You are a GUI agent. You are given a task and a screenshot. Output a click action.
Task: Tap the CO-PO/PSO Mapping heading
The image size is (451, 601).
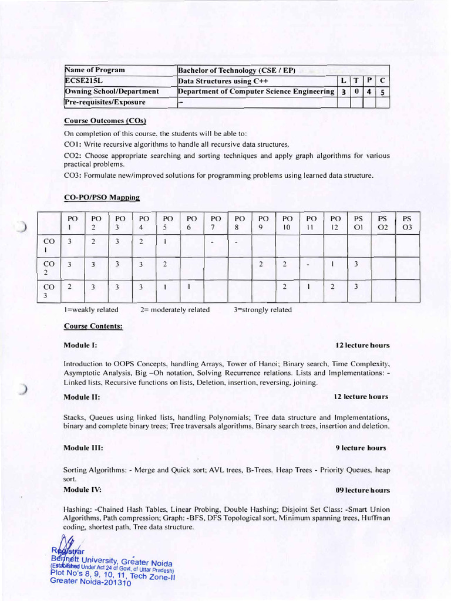[x=102, y=198]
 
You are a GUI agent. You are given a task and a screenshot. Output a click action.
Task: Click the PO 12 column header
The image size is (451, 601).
[x=335, y=222]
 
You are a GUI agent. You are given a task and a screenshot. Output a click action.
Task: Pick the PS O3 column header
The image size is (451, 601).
[x=407, y=222]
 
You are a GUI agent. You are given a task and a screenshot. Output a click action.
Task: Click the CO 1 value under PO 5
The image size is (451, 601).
[x=166, y=241]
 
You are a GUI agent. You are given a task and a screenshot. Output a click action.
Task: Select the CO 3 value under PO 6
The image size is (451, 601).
[x=189, y=287]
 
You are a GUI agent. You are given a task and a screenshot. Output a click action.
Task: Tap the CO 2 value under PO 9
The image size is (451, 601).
[x=260, y=264]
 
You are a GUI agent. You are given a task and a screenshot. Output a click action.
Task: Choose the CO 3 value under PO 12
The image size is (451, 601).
[x=332, y=287]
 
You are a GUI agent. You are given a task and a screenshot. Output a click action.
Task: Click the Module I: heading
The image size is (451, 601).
[x=80, y=345]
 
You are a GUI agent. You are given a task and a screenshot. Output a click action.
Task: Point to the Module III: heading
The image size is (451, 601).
[x=83, y=448]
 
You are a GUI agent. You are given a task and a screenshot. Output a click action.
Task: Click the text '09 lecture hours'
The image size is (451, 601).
[x=362, y=490]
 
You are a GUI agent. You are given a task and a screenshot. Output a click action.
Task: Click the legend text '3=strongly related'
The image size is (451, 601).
[x=262, y=310]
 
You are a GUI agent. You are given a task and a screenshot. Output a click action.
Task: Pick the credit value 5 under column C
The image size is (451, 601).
[x=382, y=92]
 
